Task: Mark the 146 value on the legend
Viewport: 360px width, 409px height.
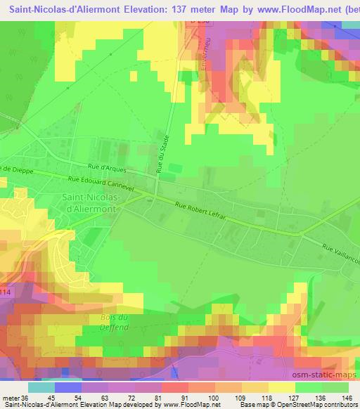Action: [x=344, y=398]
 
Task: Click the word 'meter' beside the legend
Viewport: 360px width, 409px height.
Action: [x=10, y=398]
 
